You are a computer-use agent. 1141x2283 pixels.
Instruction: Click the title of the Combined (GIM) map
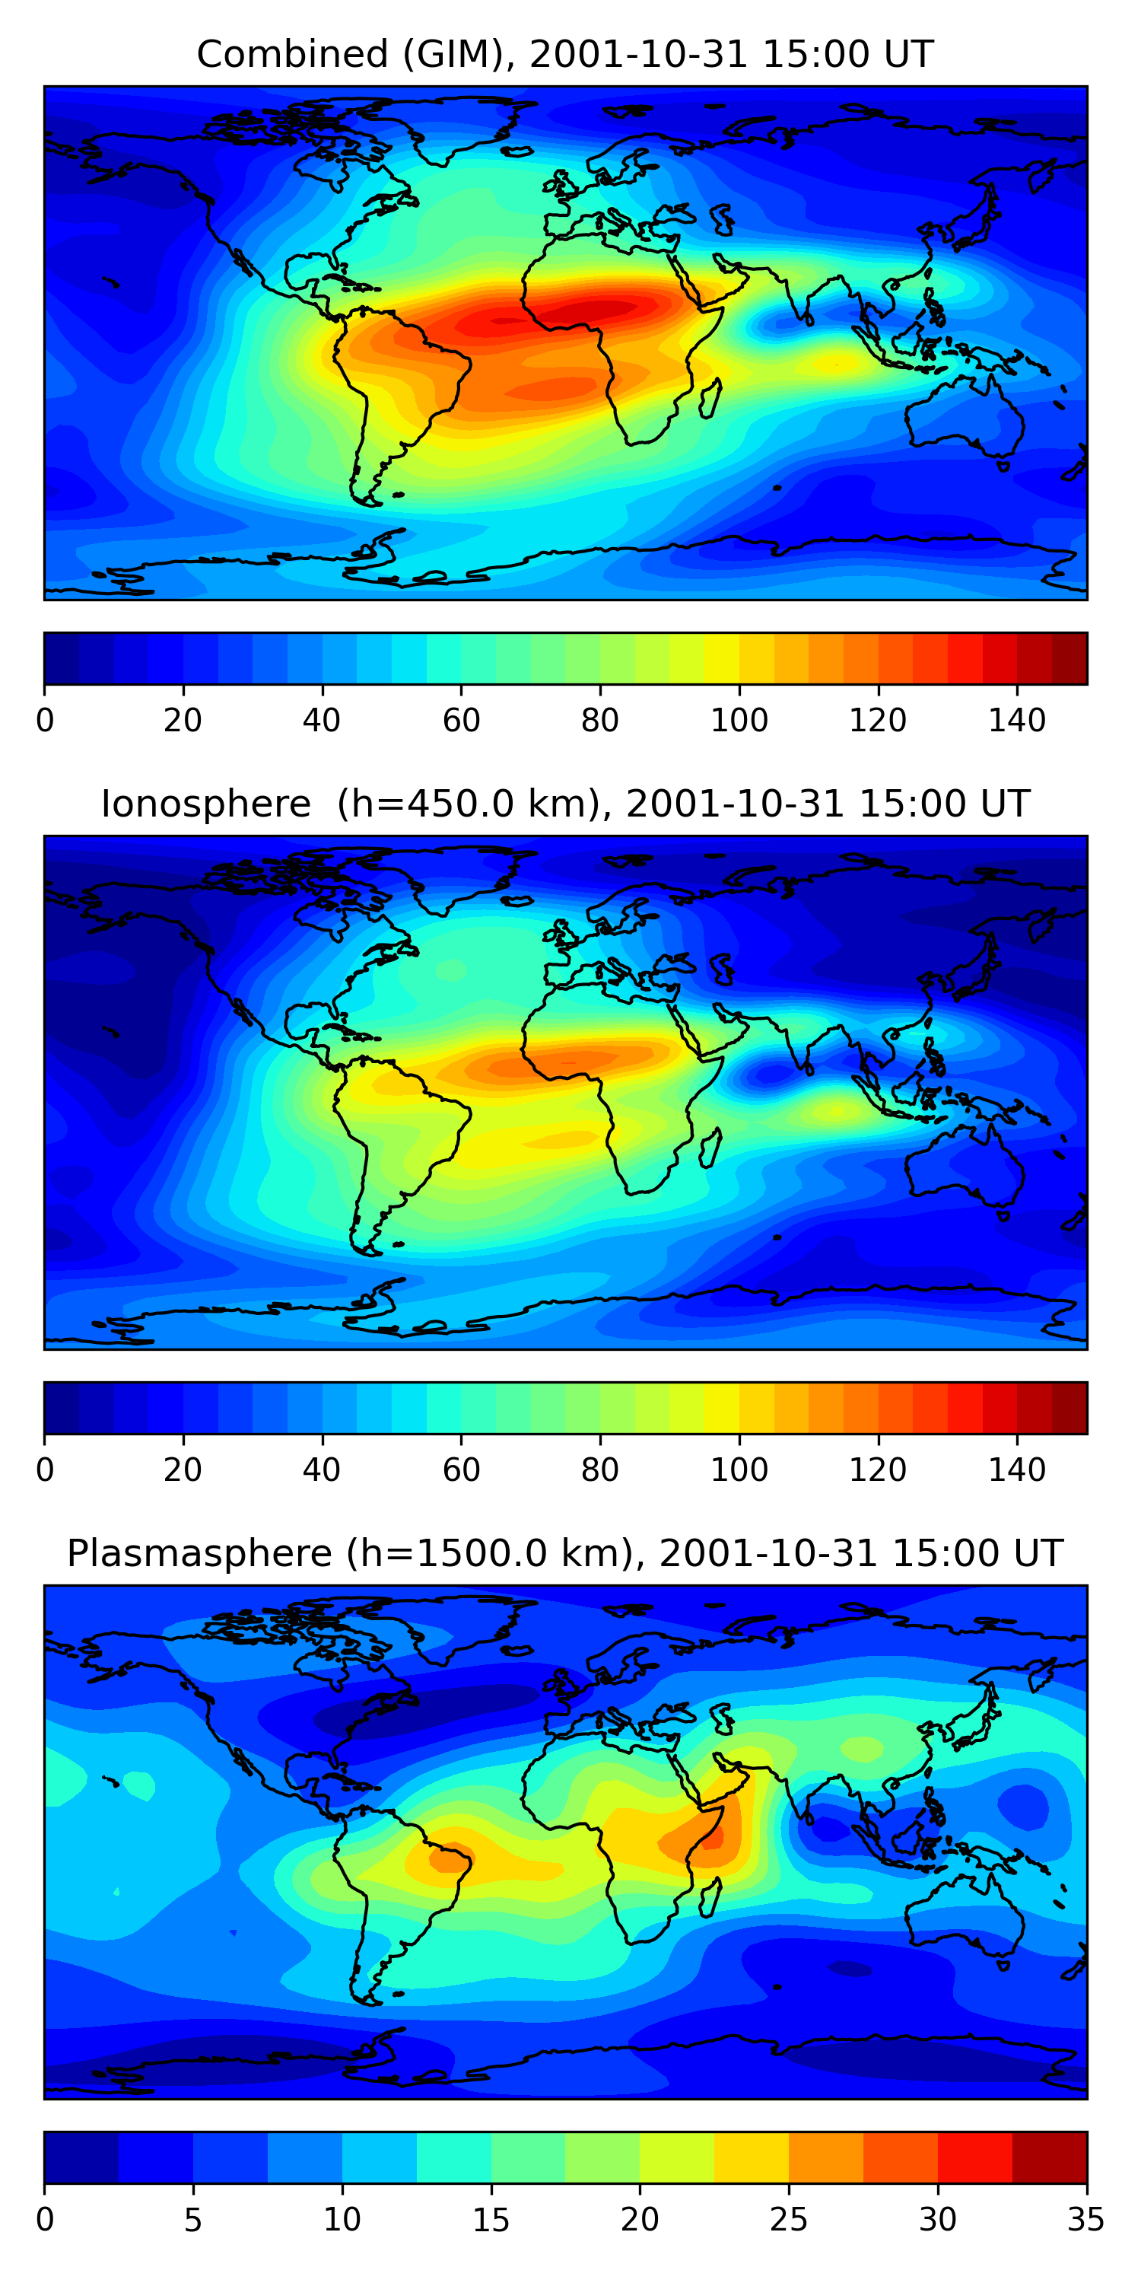564,54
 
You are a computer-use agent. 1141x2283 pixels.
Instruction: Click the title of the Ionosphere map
564,804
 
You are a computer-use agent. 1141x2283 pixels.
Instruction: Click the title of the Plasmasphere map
564,1554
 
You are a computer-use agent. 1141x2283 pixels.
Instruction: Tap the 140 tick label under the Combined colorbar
1017,721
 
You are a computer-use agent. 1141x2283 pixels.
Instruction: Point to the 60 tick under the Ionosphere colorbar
461,1470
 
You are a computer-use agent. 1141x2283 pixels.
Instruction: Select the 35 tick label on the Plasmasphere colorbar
1085,2220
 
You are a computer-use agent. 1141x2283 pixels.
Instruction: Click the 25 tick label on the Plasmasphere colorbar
788,2220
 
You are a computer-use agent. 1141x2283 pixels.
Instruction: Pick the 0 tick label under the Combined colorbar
45,721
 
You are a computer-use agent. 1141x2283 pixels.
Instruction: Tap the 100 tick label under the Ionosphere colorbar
739,1470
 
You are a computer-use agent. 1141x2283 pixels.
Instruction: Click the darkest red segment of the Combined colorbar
1069,658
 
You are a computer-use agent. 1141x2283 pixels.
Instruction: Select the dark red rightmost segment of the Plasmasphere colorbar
1049,2158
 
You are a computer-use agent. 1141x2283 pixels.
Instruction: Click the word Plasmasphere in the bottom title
199,1554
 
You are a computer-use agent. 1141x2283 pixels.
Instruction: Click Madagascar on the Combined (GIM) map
710,399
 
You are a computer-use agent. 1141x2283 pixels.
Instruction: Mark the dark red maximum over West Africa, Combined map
585,310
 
